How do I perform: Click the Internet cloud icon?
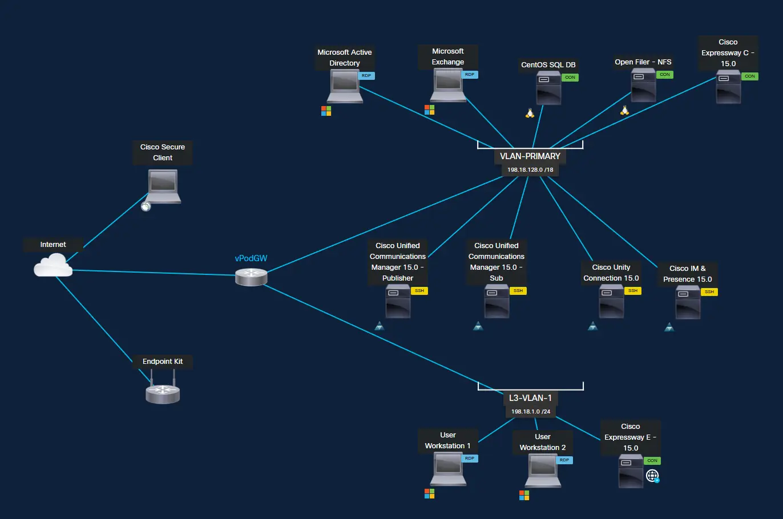click(53, 265)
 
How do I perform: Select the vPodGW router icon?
click(251, 277)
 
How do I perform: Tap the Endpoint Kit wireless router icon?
click(163, 392)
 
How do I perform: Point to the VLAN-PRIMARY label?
click(530, 156)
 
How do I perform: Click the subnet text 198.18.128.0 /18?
click(530, 170)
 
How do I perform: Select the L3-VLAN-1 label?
click(530, 398)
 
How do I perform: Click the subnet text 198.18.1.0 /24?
click(530, 412)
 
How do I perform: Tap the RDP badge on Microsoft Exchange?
click(470, 75)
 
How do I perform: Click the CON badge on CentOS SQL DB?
click(570, 78)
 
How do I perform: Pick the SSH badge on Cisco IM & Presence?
click(709, 292)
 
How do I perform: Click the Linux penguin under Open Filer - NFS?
click(624, 111)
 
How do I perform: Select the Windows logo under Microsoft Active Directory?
click(326, 111)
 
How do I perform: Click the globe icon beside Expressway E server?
click(652, 476)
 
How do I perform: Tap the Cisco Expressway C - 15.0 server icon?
click(729, 88)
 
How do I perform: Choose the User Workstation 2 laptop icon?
click(543, 471)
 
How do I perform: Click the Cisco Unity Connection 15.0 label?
click(611, 273)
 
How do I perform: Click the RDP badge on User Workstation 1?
click(470, 459)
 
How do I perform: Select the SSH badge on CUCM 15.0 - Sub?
click(518, 291)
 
